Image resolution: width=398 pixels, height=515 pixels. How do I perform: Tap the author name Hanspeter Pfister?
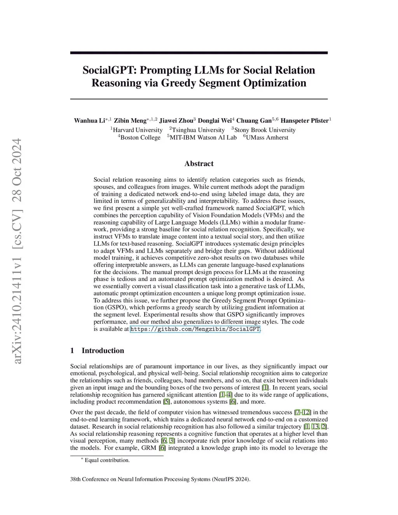(304, 120)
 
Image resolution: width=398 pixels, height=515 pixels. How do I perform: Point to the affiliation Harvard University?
(138, 130)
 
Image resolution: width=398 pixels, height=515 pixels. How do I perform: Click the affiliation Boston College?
(140, 137)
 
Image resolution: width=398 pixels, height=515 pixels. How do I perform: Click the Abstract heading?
(199, 164)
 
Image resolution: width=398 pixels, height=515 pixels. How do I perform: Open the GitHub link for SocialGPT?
(195, 329)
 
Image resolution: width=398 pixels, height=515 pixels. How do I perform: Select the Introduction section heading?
(103, 351)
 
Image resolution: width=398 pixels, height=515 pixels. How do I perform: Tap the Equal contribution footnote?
(107, 460)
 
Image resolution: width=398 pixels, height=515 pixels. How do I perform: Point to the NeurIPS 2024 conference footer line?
(160, 479)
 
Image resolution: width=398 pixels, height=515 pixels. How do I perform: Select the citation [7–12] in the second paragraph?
(302, 412)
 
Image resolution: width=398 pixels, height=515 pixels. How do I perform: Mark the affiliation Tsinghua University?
(198, 130)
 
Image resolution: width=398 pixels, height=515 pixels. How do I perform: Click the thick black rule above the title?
(199, 53)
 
